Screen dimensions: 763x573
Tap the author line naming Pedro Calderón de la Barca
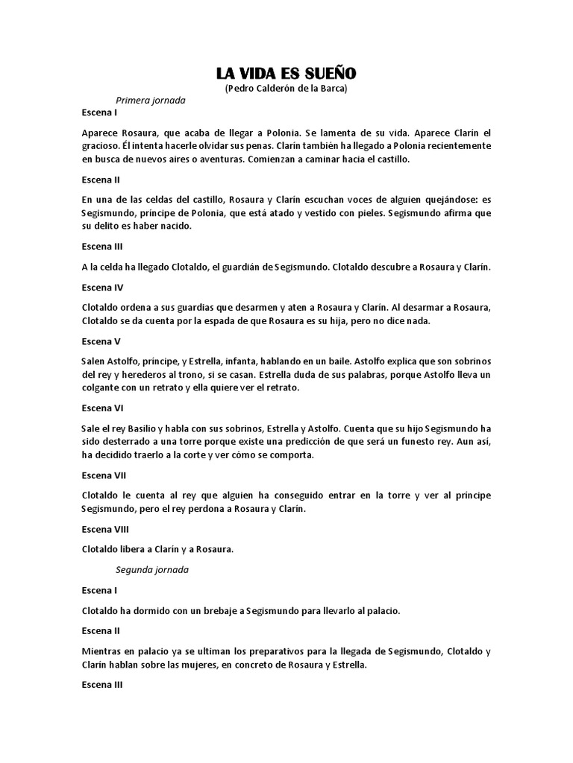coord(286,88)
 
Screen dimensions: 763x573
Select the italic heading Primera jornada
coord(151,100)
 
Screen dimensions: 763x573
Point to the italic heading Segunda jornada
coord(152,570)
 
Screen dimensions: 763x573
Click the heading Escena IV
coord(102,287)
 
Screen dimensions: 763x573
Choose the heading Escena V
coord(101,341)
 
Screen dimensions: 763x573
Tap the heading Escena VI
coord(102,408)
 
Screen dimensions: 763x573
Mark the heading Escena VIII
coord(105,529)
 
